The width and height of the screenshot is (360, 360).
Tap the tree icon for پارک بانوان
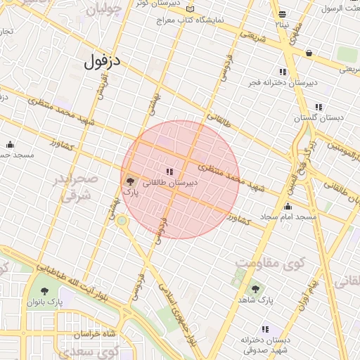[x=45, y=290]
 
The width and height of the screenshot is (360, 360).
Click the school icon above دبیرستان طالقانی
[x=169, y=171]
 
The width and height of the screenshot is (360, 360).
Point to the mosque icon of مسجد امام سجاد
[x=287, y=206]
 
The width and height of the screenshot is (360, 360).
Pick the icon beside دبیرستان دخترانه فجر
[x=283, y=72]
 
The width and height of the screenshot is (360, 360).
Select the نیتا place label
[x=281, y=25]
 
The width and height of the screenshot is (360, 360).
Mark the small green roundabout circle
[x=122, y=221]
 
